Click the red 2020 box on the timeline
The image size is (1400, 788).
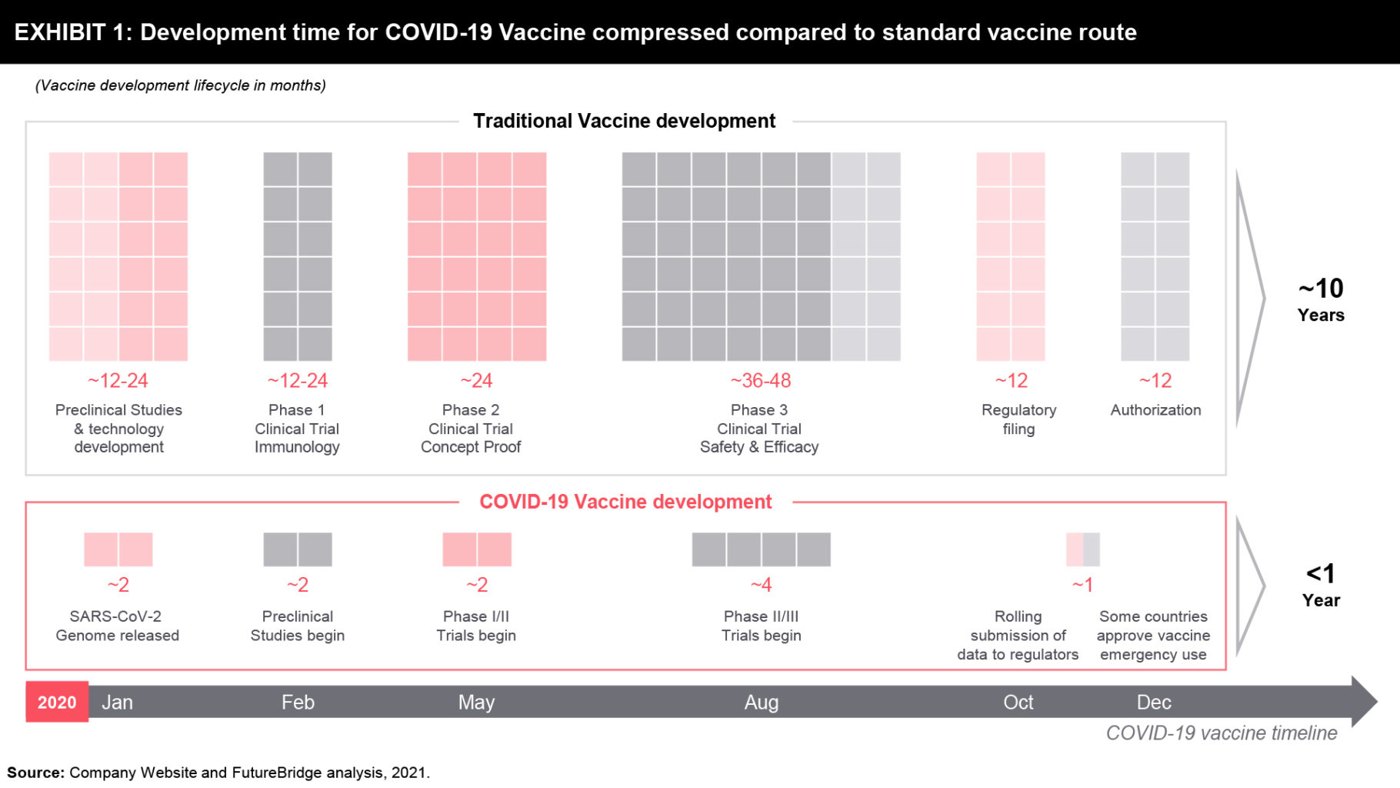[57, 702]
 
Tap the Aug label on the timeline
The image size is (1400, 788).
[761, 702]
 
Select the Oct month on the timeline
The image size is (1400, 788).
[1018, 702]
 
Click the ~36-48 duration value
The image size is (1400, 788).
[760, 380]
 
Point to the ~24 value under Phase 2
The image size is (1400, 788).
[476, 380]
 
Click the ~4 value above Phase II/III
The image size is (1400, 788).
[761, 585]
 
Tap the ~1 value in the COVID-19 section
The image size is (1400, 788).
[1082, 585]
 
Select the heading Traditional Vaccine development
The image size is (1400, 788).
[624, 121]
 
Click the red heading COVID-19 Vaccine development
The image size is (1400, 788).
[625, 502]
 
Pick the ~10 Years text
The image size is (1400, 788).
[1321, 299]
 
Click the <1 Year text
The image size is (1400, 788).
[1321, 585]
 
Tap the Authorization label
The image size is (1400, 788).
[1155, 410]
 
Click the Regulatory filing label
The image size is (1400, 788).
[1018, 419]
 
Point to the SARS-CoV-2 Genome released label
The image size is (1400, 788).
[117, 626]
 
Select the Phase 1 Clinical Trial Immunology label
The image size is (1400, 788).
[297, 429]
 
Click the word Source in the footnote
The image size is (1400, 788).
[35, 772]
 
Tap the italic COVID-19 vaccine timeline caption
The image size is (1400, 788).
[1221, 733]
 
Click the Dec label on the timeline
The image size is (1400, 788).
[1154, 702]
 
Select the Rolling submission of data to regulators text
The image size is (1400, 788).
[1018, 636]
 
